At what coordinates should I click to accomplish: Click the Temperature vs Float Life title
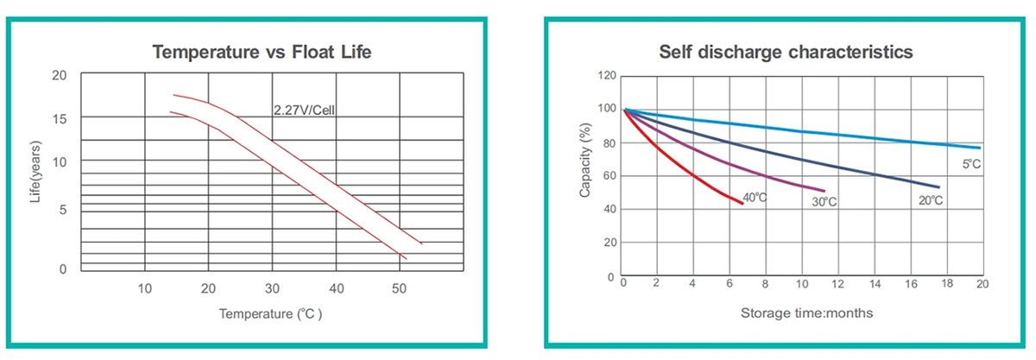[262, 52]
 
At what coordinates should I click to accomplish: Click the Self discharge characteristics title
[786, 52]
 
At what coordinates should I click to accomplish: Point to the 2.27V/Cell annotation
[304, 110]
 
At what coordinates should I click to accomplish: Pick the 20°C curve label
[929, 200]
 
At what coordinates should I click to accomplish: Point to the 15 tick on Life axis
[60, 117]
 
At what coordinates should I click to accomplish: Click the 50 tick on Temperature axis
[399, 287]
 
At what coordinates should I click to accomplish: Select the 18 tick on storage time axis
[946, 284]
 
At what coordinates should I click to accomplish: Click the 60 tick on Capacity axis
[608, 176]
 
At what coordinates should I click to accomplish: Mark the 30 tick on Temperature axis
[272, 287]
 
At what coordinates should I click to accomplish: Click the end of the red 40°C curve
[742, 204]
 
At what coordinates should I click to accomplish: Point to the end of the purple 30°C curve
[824, 191]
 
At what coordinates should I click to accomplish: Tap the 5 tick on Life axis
[62, 210]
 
